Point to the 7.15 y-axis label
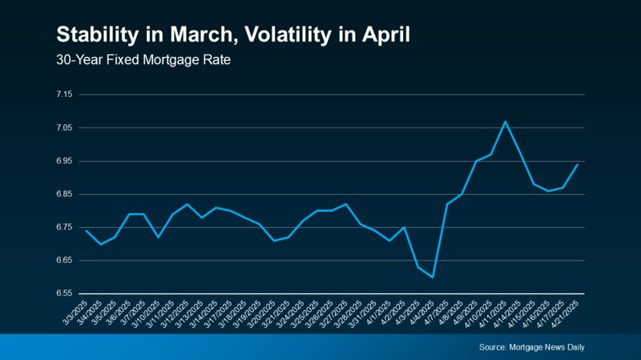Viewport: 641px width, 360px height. coord(64,95)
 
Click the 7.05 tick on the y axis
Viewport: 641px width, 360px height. coord(64,127)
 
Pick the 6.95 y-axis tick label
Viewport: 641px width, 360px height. coord(64,161)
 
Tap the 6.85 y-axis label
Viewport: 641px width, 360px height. coord(64,194)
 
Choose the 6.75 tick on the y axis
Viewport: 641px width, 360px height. coord(64,228)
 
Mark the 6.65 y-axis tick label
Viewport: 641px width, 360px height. coord(64,261)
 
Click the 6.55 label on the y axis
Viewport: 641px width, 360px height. coord(64,294)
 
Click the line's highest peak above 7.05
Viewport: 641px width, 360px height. coord(505,121)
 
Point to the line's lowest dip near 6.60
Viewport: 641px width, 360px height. coord(433,277)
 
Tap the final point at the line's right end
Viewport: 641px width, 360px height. coord(578,164)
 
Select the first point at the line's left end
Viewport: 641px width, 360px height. coord(86,231)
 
